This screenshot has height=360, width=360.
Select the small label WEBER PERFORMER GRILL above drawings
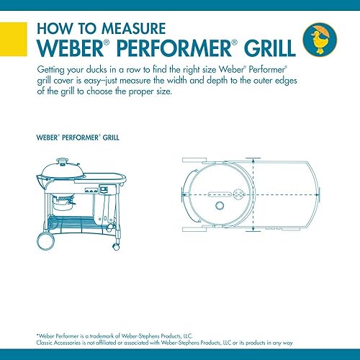click(x=71, y=135)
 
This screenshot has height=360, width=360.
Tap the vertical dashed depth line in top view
click(x=253, y=194)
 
